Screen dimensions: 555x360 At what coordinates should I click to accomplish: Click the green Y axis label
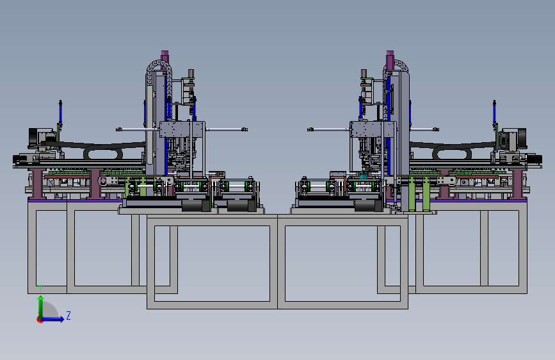coord(40,288)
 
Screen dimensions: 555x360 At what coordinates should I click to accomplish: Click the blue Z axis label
coord(68,315)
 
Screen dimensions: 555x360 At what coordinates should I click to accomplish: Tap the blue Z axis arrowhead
coord(62,319)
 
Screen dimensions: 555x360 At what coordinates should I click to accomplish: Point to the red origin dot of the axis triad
coord(39,320)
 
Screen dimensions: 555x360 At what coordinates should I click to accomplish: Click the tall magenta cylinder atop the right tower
coord(390,59)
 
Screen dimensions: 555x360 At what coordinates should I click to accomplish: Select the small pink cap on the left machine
coord(191,74)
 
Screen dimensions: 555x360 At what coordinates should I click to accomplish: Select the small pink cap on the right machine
coord(364,74)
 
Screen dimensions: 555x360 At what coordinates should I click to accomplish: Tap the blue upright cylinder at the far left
coord(61,113)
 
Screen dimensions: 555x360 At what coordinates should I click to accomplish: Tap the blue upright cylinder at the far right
coord(494,113)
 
